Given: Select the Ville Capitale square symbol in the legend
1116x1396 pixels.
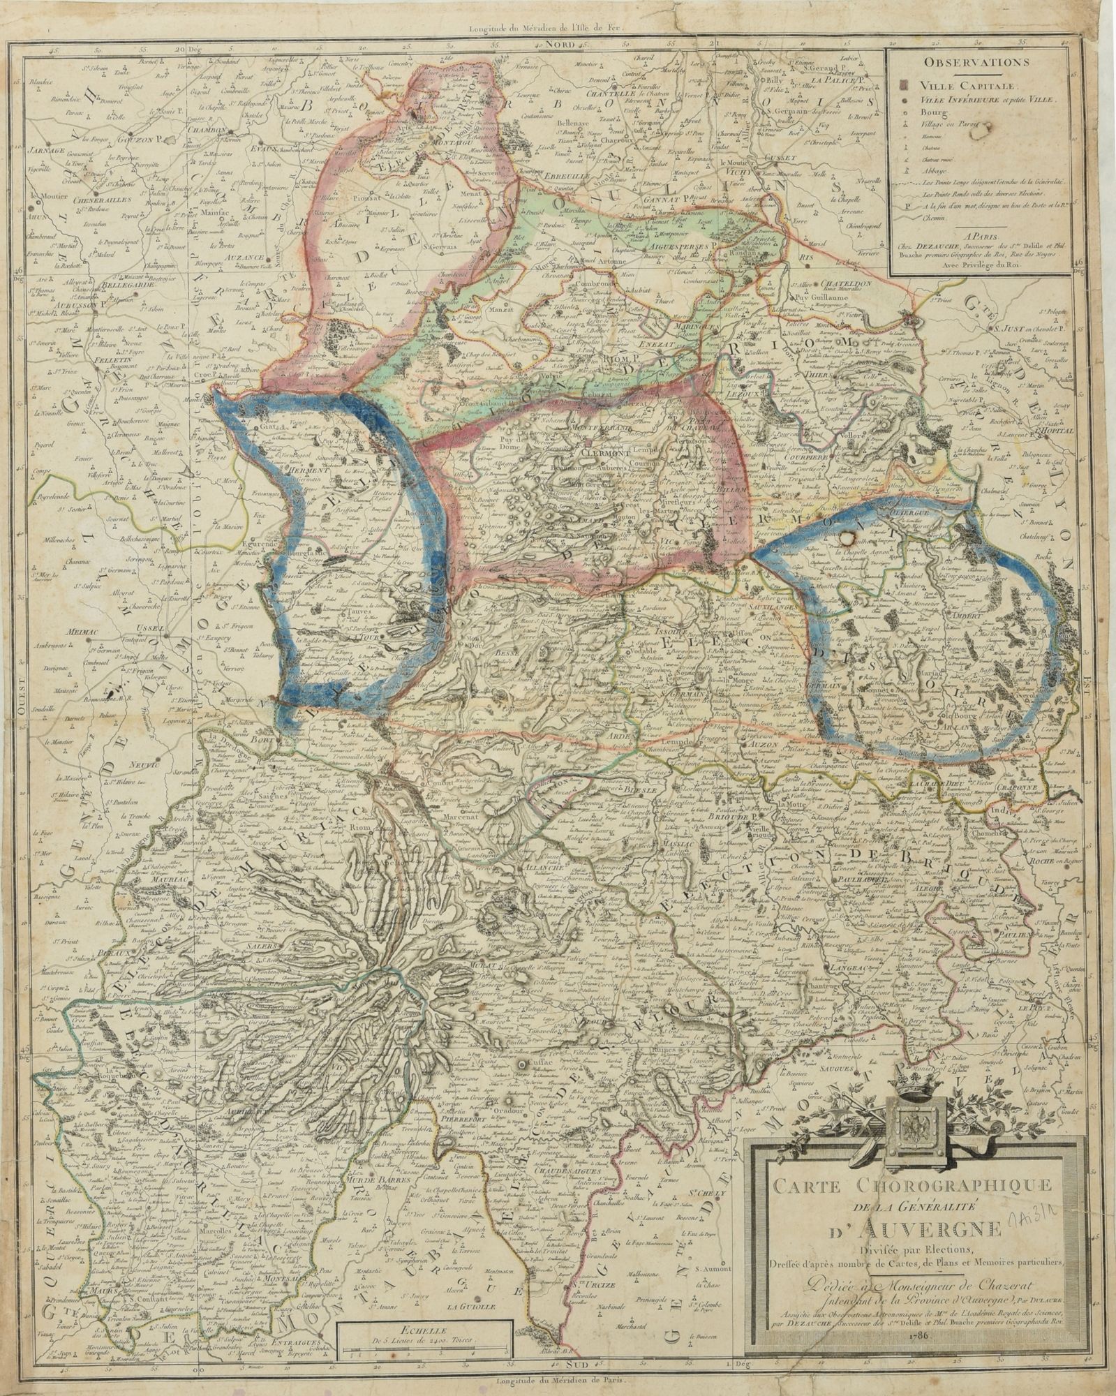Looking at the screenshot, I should click(x=905, y=84).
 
